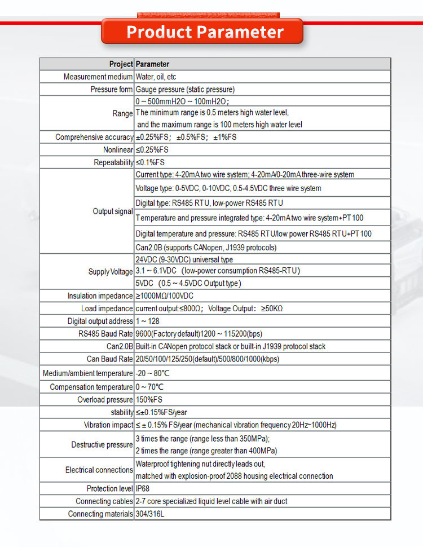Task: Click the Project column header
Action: coord(121,64)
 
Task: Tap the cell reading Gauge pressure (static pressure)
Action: coord(185,89)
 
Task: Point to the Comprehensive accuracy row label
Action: coord(94,137)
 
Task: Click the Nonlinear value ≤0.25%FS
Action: coord(152,150)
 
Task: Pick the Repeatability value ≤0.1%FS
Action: coord(150,162)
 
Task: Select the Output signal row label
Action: coord(113,211)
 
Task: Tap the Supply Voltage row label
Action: coord(111,272)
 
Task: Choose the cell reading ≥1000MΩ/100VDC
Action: coord(166,296)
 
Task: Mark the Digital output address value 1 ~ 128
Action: coord(148,321)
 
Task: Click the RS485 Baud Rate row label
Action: coord(105,333)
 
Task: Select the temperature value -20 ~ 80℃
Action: coord(153,373)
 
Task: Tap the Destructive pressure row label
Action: coord(102,445)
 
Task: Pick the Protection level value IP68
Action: coord(143,488)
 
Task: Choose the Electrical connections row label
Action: coord(99,470)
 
